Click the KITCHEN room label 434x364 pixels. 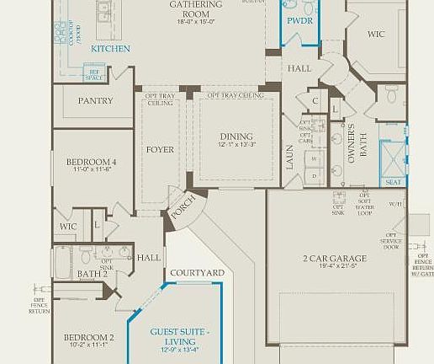click(x=111, y=49)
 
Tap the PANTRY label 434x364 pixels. click(x=95, y=100)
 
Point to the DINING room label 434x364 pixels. click(x=236, y=136)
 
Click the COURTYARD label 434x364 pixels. click(x=197, y=273)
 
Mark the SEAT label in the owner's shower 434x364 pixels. click(x=392, y=180)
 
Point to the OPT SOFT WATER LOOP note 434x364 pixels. click(x=363, y=205)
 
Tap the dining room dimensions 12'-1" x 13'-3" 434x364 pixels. click(x=236, y=146)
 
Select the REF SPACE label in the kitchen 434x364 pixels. click(x=94, y=75)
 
